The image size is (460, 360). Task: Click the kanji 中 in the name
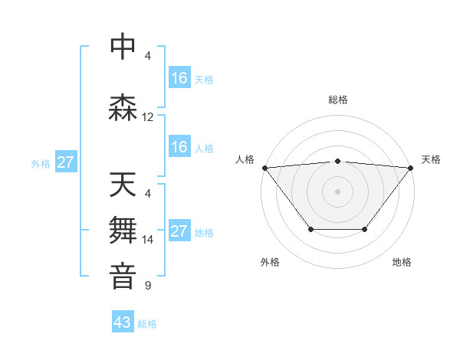(x=123, y=46)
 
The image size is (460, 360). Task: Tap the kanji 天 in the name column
(x=123, y=185)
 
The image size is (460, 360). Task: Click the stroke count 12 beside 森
(x=148, y=117)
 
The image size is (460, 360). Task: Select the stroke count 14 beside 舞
(x=148, y=240)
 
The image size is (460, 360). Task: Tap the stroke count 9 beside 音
(x=148, y=286)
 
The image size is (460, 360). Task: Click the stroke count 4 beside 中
(x=148, y=55)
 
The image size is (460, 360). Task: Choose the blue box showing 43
(x=123, y=323)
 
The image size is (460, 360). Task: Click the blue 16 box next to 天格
(x=179, y=78)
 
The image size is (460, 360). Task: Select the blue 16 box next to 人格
(x=179, y=147)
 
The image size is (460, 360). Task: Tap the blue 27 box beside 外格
(x=66, y=162)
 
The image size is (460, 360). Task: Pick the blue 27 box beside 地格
(x=179, y=231)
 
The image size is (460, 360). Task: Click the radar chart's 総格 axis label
(x=338, y=100)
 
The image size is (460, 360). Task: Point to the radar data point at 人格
(x=264, y=167)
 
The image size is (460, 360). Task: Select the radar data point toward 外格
(x=310, y=229)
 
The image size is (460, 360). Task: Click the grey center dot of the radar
(x=338, y=191)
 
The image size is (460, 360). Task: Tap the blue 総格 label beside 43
(x=147, y=324)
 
